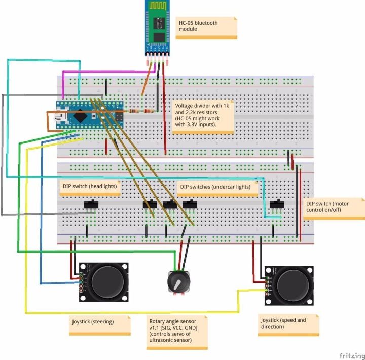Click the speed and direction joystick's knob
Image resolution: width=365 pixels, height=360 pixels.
(293, 285)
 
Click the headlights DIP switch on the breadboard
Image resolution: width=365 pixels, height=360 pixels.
(91, 205)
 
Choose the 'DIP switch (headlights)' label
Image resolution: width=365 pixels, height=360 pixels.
(90, 186)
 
